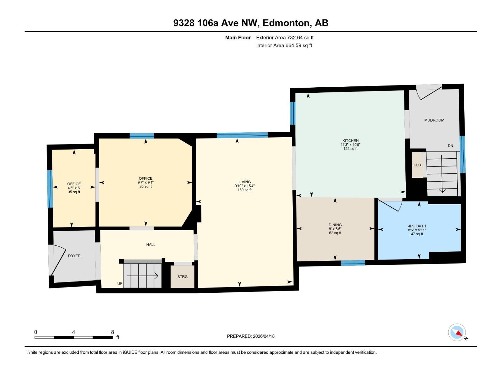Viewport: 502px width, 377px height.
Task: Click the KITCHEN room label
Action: click(350, 141)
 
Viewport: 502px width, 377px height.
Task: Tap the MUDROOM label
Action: click(434, 120)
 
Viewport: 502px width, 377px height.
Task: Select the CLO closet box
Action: click(417, 165)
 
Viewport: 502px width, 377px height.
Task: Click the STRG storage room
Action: click(182, 276)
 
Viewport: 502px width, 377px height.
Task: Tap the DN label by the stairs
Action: click(450, 146)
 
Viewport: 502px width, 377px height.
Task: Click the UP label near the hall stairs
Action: click(120, 284)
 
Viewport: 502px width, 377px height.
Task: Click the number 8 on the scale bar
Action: click(112, 332)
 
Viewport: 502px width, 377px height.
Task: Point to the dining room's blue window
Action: click(353, 263)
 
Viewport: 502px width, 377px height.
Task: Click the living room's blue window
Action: click(242, 135)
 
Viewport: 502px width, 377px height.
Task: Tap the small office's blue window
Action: click(50, 188)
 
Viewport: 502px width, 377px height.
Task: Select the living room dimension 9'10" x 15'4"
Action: click(245, 186)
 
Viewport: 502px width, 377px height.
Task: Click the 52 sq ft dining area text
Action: click(335, 233)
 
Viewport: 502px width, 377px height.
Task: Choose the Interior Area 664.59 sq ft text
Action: click(284, 46)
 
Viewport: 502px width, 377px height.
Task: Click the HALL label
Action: click(151, 244)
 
